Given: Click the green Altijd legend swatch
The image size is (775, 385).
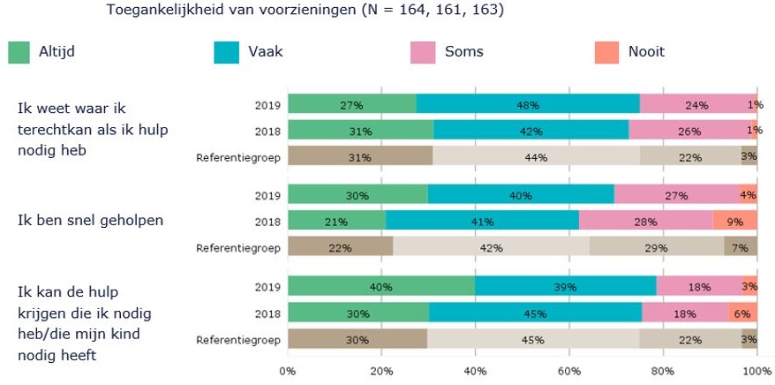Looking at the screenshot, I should tap(19, 52).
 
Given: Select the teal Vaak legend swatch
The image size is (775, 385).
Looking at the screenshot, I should tap(225, 52).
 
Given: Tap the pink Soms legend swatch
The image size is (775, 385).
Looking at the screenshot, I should tap(423, 52).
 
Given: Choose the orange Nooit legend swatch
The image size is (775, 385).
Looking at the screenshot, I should tap(606, 52).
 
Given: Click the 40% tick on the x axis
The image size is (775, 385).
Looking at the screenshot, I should tap(476, 371).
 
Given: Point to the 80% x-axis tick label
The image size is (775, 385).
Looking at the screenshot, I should tap(663, 371).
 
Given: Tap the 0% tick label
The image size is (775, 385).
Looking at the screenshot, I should tap(288, 371).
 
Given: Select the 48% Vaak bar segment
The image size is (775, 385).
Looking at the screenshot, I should tap(528, 105).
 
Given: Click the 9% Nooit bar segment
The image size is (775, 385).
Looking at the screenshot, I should tap(735, 221).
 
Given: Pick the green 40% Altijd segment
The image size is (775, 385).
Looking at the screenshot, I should tap(381, 287).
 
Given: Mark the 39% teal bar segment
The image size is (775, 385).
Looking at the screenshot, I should tap(565, 287).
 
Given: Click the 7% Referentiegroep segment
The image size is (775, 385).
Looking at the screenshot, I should tap(741, 247).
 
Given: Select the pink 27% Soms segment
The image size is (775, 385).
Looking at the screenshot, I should tap(676, 194).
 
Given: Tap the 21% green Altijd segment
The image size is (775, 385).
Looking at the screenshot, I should tap(336, 221).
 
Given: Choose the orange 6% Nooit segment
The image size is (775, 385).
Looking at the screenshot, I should tap(742, 313).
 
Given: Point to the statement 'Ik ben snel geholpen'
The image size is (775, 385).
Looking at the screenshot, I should tap(90, 220).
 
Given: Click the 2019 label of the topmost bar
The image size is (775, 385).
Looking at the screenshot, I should tap(267, 105).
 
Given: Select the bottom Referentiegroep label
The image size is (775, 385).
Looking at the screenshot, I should tap(238, 340).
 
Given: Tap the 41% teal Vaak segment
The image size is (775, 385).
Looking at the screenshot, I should tap(482, 221).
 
